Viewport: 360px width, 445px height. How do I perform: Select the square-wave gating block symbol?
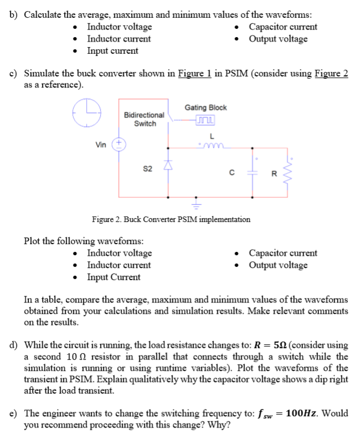pyautogui.click(x=204, y=121)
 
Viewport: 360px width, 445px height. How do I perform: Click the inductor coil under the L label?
pyautogui.click(x=212, y=146)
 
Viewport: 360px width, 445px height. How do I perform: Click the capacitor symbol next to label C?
pyautogui.click(x=253, y=172)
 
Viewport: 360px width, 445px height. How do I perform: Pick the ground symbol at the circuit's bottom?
pyautogui.click(x=195, y=204)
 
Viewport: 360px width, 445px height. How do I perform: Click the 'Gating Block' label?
pyautogui.click(x=206, y=107)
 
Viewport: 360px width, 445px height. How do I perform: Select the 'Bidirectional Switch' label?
pyautogui.click(x=144, y=119)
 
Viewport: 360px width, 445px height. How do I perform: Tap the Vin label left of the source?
pyautogui.click(x=101, y=145)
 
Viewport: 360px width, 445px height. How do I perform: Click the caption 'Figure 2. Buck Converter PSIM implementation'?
pyautogui.click(x=171, y=219)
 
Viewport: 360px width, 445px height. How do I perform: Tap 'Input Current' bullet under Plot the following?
pyautogui.click(x=113, y=277)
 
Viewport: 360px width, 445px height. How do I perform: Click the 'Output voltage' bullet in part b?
pyautogui.click(x=278, y=39)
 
